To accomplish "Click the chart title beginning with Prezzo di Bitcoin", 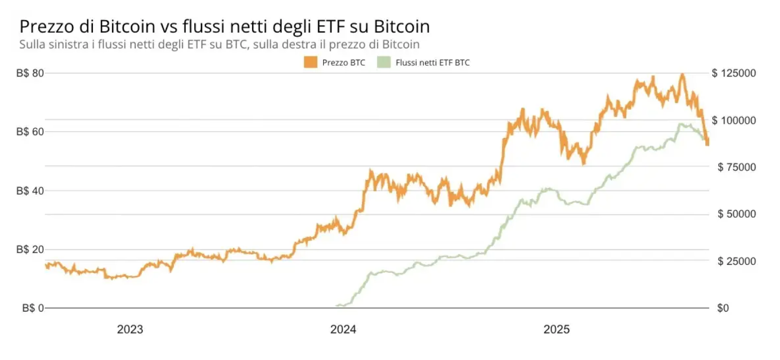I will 225,26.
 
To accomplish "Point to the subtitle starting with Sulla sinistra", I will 219,44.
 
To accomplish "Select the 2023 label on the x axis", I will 130,330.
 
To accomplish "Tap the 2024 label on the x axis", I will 343,330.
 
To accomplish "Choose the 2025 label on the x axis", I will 557,330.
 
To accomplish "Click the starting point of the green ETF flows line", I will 337,306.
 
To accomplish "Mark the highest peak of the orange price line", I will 682,74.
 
